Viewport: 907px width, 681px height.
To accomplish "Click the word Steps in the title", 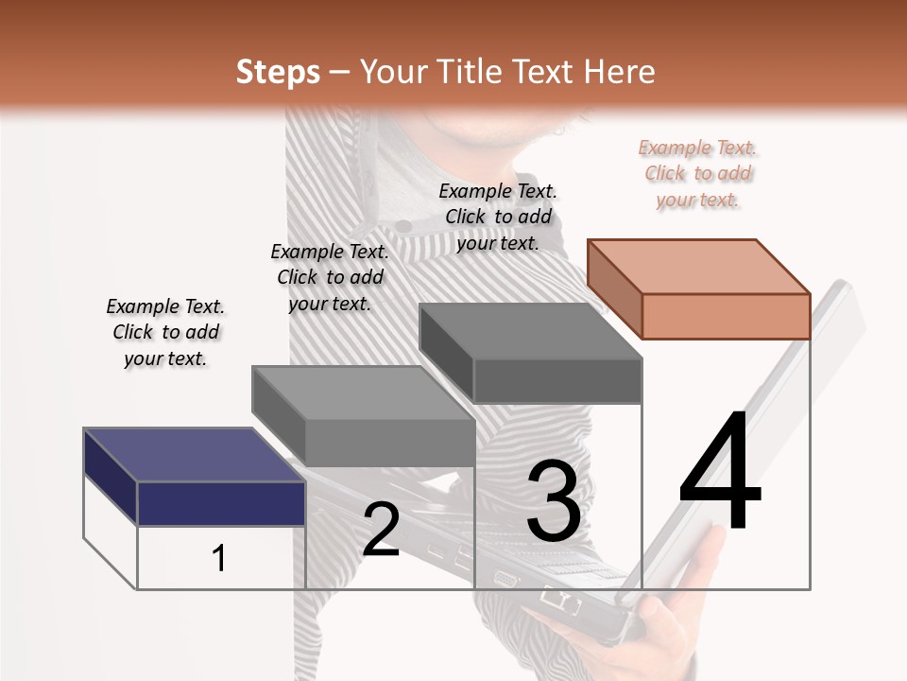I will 278,72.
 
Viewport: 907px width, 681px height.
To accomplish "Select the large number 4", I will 720,473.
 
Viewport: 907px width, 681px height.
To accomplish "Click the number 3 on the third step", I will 554,501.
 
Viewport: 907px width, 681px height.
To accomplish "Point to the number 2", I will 381,530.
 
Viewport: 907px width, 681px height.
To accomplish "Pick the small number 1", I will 219,558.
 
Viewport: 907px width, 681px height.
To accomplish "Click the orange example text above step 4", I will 698,174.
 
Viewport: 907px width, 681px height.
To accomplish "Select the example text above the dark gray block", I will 498,217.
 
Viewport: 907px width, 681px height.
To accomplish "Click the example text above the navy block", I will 165,332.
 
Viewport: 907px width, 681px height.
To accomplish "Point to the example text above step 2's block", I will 330,277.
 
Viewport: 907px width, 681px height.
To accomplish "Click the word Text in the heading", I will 547,72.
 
